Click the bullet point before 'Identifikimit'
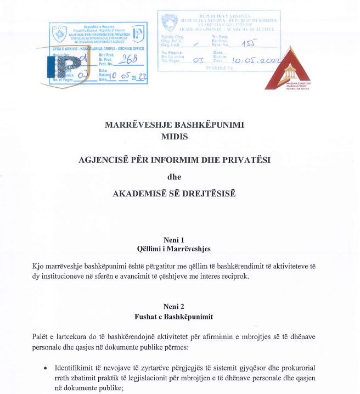[x=46, y=367]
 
